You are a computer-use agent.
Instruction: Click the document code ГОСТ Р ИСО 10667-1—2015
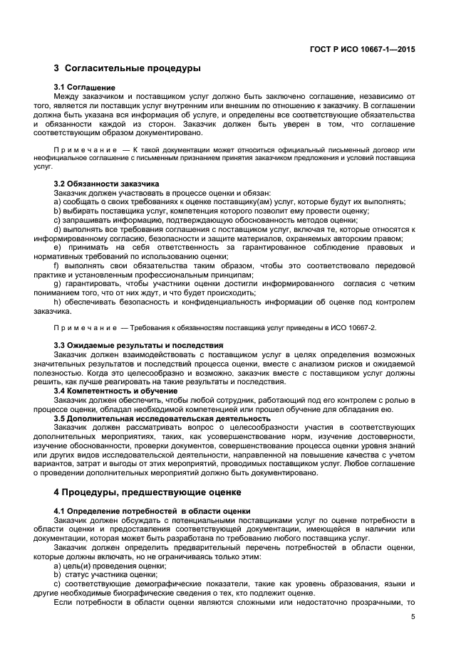[x=363, y=50]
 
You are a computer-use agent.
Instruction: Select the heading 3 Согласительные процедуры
[x=127, y=69]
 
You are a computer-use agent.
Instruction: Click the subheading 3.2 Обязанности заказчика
[x=106, y=183]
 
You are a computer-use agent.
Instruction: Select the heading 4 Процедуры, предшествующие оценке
[x=147, y=492]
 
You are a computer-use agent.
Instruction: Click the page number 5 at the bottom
[x=413, y=617]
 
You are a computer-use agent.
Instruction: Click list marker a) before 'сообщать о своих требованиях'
[x=57, y=201]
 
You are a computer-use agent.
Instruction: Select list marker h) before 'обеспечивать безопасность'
[x=57, y=302]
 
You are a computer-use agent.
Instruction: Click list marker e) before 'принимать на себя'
[x=57, y=238]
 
